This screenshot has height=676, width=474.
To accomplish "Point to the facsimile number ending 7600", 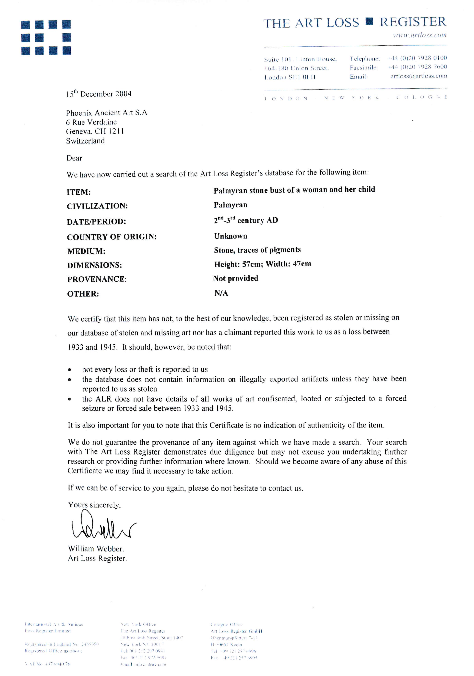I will [417, 67].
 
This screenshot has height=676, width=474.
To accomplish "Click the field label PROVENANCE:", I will [97, 279].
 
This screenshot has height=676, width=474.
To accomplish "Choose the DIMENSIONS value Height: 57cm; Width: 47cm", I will [262, 264].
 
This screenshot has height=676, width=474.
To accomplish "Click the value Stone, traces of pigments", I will [257, 250].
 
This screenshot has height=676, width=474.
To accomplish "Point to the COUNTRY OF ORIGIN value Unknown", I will [231, 236].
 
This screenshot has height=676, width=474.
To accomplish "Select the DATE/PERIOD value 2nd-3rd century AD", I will [245, 220].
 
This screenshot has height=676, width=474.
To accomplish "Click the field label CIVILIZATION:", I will [97, 206].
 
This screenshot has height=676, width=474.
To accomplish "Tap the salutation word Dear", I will [74, 158].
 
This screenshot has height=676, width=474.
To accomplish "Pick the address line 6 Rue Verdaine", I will [91, 122].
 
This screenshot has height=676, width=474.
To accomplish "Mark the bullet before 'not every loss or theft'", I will [69, 370].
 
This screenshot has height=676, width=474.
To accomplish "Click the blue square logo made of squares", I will [46, 37].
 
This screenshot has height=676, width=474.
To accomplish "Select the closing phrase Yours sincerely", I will [94, 505].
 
